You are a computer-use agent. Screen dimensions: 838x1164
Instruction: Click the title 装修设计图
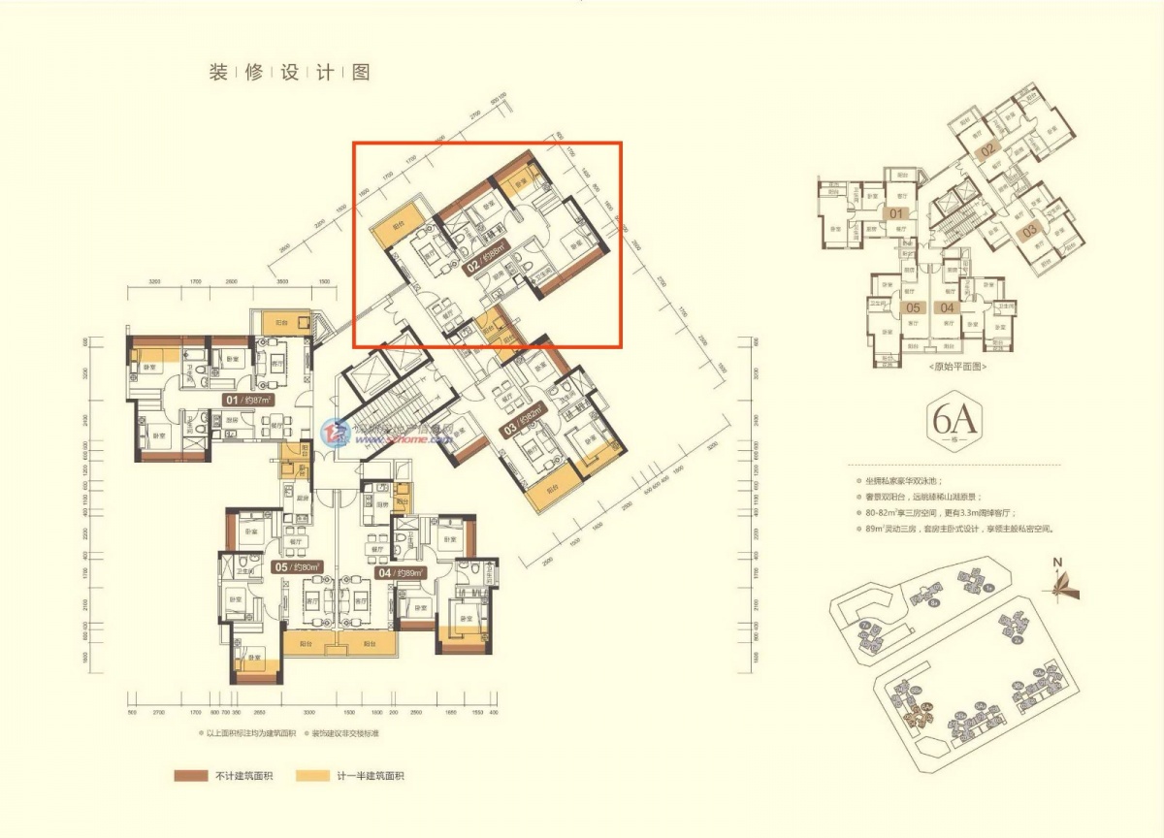[289, 73]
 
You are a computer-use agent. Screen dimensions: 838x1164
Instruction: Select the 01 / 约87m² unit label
[247, 399]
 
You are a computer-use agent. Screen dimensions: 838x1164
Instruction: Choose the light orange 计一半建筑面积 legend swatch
[309, 776]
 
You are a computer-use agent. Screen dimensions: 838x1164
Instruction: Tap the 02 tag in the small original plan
[987, 150]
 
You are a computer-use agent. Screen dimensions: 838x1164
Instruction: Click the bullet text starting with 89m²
[956, 530]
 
